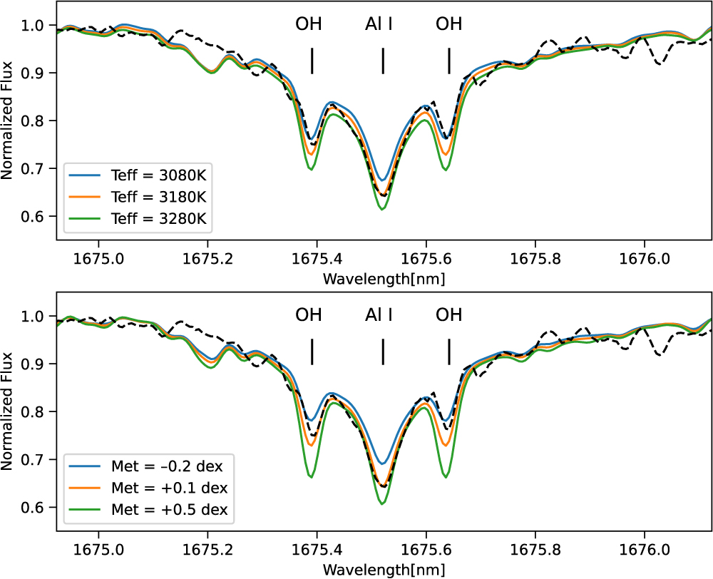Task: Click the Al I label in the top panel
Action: (x=379, y=24)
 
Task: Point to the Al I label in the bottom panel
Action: (x=379, y=315)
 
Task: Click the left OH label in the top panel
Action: (x=309, y=24)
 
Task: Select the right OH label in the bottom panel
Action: (x=449, y=315)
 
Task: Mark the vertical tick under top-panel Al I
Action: (x=383, y=61)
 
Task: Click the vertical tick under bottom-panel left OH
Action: (x=312, y=352)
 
